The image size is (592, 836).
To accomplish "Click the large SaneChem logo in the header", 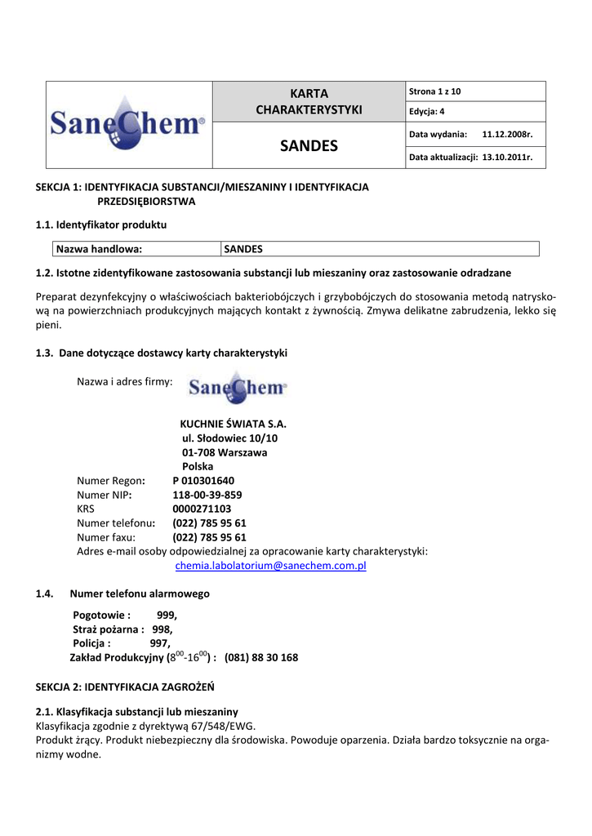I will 128,125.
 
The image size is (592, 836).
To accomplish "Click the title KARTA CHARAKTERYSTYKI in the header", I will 309,101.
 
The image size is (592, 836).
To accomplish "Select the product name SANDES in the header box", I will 309,146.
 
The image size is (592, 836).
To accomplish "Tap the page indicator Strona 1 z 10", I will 435,91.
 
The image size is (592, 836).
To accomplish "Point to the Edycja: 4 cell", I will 427,112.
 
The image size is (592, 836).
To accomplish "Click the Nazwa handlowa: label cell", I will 99,249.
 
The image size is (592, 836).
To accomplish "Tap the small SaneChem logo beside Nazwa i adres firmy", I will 238,388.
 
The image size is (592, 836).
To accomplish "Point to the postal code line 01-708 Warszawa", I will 225,452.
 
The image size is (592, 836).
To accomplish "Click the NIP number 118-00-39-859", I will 207,495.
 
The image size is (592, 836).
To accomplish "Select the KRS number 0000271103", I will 202,509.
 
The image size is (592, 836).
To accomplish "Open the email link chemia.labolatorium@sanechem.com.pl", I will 271,566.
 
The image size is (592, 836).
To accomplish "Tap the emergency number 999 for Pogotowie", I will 167,615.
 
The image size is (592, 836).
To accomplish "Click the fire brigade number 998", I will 162,629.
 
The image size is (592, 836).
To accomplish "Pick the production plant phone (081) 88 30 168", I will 261,657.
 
